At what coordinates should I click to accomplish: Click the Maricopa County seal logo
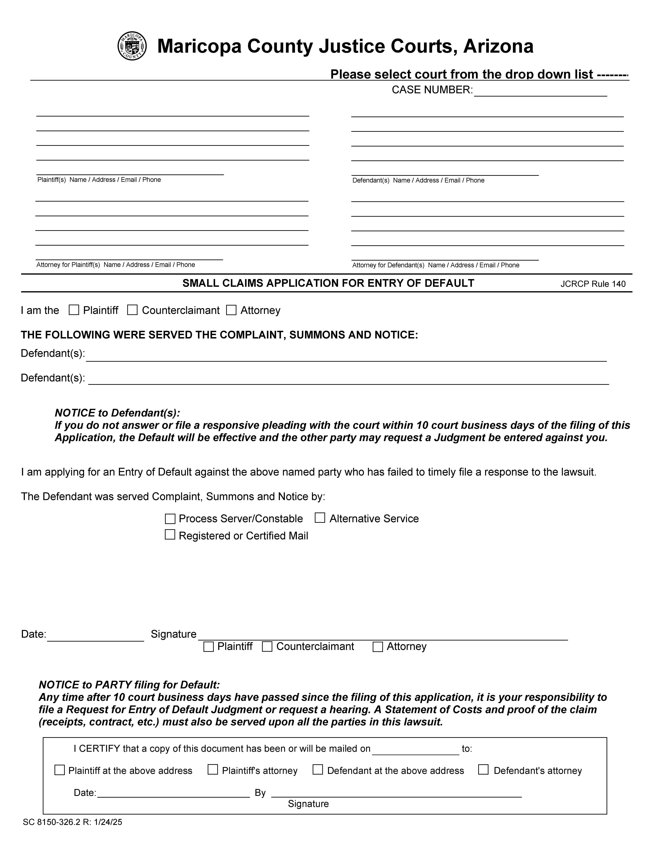[132, 46]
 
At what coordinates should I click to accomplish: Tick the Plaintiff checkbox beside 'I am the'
[74, 310]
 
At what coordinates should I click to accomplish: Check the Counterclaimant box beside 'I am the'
[132, 310]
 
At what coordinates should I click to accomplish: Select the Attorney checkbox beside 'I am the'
[231, 310]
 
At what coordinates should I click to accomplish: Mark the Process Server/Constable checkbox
[170, 519]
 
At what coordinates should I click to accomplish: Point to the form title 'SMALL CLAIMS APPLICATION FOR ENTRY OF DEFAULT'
[328, 283]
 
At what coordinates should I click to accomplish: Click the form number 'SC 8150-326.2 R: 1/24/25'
[73, 822]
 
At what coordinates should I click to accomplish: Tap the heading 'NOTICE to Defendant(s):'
[117, 413]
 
